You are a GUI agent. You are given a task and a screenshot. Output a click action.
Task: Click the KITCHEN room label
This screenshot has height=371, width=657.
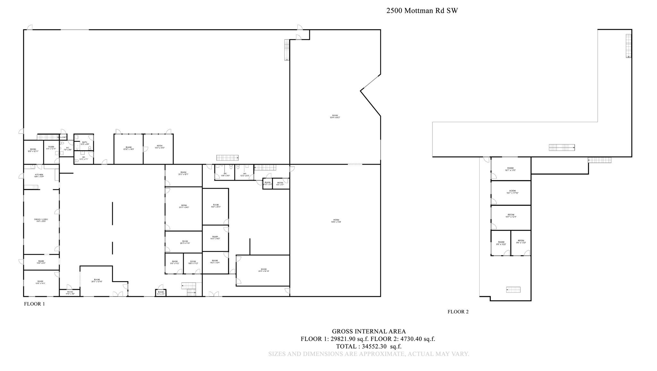tap(39, 176)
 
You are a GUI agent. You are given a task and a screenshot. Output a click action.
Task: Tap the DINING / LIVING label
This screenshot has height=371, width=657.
tap(41, 220)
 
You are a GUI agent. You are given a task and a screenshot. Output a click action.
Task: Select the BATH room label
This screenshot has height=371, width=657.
tap(84, 143)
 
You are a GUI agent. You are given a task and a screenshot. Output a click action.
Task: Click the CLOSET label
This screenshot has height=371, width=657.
tap(63, 137)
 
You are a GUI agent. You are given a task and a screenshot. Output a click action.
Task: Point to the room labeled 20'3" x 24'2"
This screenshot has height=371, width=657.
tap(184, 206)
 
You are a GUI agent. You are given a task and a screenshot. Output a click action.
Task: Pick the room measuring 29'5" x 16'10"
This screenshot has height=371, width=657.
tap(263, 270)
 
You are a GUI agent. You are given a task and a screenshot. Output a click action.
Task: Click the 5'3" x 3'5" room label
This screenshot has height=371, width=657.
tap(161, 293)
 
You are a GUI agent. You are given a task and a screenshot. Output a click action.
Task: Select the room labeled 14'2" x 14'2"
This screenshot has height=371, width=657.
tap(215, 237)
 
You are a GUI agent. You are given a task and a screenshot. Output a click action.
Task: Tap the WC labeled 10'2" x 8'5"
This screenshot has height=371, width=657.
tap(244, 175)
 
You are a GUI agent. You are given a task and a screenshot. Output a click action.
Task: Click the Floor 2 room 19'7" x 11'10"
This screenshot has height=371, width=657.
tap(512, 192)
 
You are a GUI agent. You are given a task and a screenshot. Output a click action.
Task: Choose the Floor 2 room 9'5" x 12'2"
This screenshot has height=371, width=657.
tap(501, 243)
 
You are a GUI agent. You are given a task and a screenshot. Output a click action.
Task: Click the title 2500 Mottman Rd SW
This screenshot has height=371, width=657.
tap(422, 11)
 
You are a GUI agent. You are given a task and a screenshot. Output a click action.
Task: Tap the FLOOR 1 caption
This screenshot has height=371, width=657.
tap(34, 304)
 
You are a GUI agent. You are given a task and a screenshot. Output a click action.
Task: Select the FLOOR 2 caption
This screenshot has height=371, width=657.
tap(458, 312)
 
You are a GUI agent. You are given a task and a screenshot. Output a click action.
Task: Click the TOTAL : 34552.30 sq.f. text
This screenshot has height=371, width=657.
tap(369, 346)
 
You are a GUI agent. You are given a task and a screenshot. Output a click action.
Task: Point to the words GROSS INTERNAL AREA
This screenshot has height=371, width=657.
tap(369, 331)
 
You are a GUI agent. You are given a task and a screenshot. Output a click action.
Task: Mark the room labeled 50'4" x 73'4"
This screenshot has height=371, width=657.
tap(336, 221)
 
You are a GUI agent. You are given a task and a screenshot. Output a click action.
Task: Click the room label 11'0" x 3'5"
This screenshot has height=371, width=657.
tap(70, 293)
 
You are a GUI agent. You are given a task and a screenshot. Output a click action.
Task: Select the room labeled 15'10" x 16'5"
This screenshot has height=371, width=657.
tap(128, 148)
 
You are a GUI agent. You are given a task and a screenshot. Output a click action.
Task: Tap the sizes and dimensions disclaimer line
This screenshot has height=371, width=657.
tap(369, 354)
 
